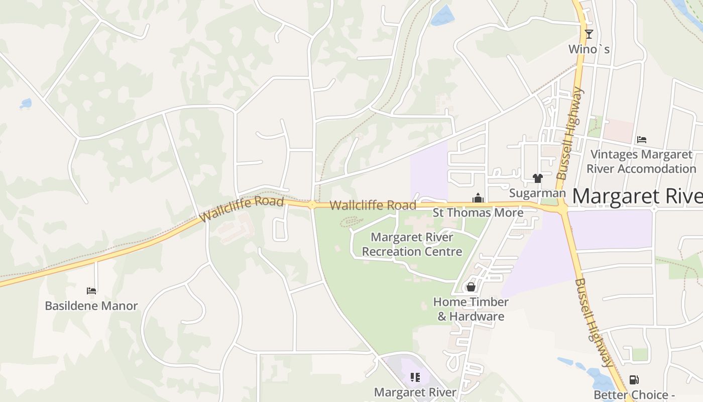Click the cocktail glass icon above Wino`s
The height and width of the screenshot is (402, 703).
pyautogui.click(x=589, y=34)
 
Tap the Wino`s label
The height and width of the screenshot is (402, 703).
pyautogui.click(x=589, y=49)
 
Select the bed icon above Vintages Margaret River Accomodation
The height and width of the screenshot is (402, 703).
pyautogui.click(x=641, y=140)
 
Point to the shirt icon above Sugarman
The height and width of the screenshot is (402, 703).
pyautogui.click(x=538, y=178)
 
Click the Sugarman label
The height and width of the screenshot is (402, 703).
pyautogui.click(x=537, y=193)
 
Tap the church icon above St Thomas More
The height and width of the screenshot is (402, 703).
pyautogui.click(x=478, y=198)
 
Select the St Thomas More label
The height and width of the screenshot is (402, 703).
pyautogui.click(x=478, y=213)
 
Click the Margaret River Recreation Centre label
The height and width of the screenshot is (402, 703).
pyautogui.click(x=412, y=244)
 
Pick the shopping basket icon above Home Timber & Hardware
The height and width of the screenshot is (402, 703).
pyautogui.click(x=471, y=287)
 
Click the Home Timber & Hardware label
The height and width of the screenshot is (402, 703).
pyautogui.click(x=471, y=309)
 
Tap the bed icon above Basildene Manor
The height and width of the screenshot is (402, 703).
pyautogui.click(x=91, y=290)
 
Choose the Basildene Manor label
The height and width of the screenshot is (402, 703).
pyautogui.click(x=91, y=306)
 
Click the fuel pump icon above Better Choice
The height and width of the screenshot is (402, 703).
pyautogui.click(x=634, y=380)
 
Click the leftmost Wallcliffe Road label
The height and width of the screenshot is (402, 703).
pyautogui.click(x=242, y=209)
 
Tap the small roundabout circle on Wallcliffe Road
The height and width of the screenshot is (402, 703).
pyautogui.click(x=312, y=205)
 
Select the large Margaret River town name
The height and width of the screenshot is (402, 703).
pyautogui.click(x=637, y=196)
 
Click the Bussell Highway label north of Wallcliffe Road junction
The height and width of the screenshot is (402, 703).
pyautogui.click(x=571, y=133)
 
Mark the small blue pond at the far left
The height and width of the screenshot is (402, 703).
pyautogui.click(x=26, y=104)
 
